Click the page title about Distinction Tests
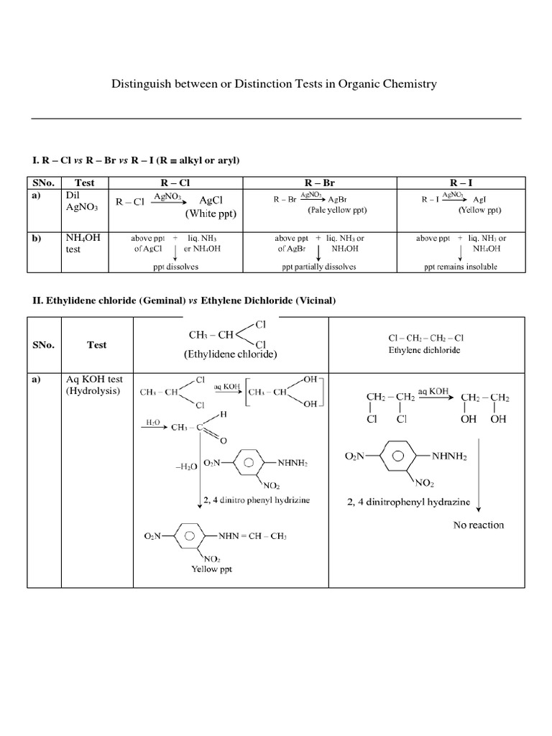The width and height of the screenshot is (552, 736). tap(274, 84)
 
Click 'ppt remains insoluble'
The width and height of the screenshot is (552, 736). tap(460, 266)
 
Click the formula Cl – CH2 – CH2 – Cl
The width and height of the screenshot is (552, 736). tap(426, 338)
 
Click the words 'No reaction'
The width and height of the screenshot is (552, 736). tap(479, 525)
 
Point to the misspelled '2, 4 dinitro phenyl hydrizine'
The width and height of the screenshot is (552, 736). tap(257, 500)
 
